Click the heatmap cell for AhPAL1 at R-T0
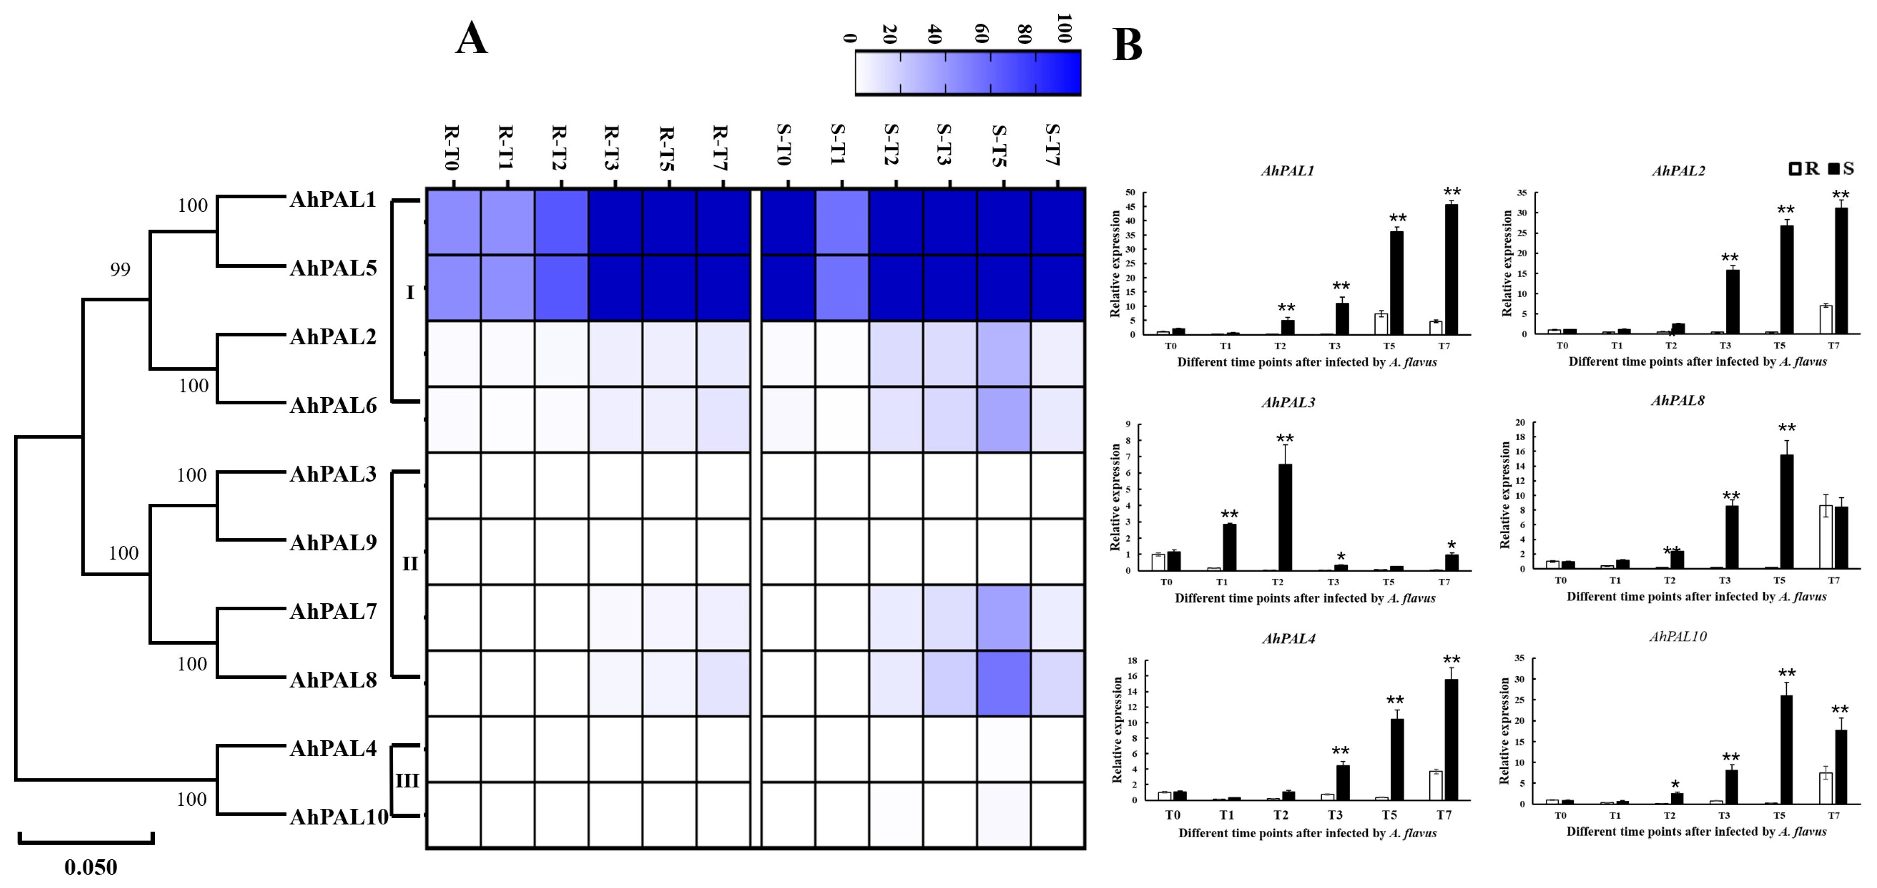[x=453, y=221]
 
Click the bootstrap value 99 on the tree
[x=120, y=269]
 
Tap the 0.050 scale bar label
[x=90, y=867]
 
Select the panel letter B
[x=1127, y=45]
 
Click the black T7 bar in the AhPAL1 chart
[x=1451, y=269]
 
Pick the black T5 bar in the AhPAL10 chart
[x=1786, y=749]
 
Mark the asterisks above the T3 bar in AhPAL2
[x=1730, y=258]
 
